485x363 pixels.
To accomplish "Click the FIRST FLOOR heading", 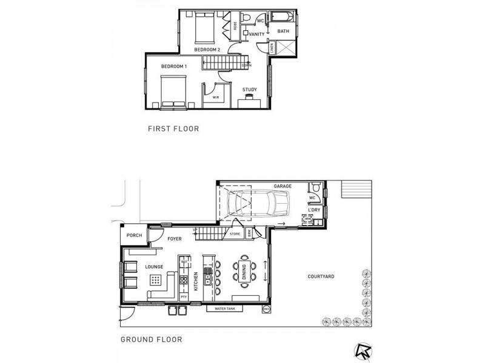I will [173, 129].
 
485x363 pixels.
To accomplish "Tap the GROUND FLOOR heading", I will [151, 339].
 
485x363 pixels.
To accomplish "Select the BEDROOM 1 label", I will [174, 65].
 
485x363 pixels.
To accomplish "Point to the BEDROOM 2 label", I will [207, 48].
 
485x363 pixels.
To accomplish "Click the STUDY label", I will [249, 90].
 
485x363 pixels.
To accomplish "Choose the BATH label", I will [283, 31].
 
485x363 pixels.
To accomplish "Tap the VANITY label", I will [257, 34].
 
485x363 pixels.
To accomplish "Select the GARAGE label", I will [283, 187].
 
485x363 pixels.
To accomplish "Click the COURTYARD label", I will [321, 276].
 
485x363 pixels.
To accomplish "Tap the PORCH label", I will [133, 236].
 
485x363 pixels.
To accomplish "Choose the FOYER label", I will [175, 239].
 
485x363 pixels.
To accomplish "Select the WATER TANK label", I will [226, 309].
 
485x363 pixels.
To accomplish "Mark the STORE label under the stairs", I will [235, 234].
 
